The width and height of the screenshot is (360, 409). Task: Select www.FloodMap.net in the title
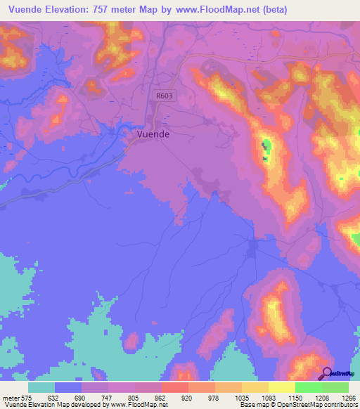tap(216, 10)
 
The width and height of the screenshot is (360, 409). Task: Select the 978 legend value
tap(214, 398)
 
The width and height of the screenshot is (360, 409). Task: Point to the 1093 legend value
tap(268, 398)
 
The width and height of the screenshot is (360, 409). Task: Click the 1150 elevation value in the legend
tap(295, 398)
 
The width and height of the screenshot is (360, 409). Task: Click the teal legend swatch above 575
tap(41, 387)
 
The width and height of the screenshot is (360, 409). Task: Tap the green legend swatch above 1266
tap(335, 387)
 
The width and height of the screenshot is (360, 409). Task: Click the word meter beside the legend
tap(12, 398)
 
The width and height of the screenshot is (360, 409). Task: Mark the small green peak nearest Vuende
tap(266, 147)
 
